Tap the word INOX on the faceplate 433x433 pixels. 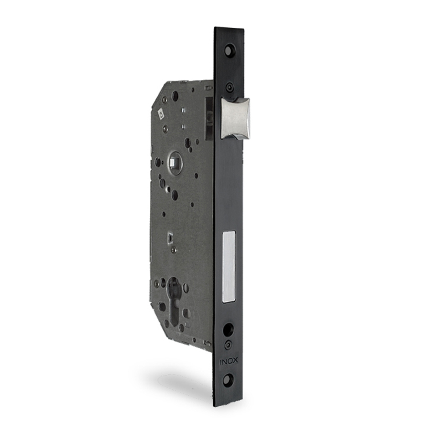pyautogui.click(x=227, y=362)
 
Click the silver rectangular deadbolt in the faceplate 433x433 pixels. pyautogui.click(x=229, y=267)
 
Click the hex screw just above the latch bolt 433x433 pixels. pyautogui.click(x=229, y=88)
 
